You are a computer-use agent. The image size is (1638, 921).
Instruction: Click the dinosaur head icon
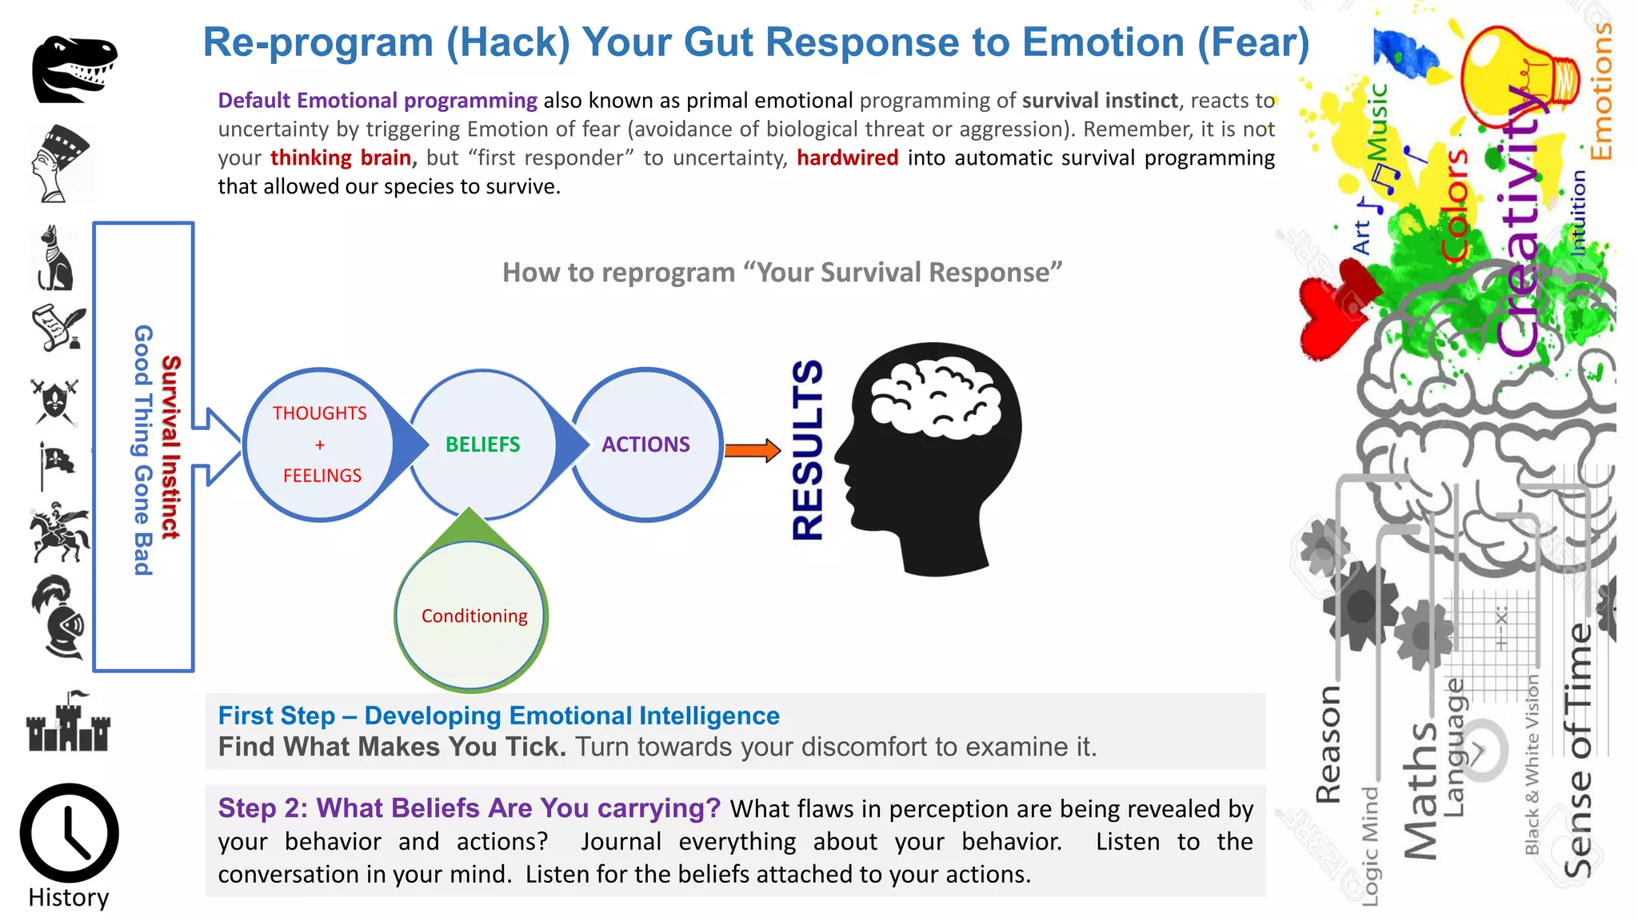[74, 69]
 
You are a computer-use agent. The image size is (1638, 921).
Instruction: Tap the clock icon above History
[69, 833]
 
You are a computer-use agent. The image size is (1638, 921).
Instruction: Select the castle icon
[68, 723]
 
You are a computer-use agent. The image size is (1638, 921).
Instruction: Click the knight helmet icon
[58, 616]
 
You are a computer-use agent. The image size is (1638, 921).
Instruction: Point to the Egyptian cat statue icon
[55, 258]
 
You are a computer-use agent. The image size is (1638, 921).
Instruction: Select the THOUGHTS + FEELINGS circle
[320, 445]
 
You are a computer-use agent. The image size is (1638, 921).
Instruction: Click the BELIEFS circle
[482, 445]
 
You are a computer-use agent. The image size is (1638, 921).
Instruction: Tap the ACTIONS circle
[645, 445]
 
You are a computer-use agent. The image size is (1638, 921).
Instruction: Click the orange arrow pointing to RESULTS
[752, 451]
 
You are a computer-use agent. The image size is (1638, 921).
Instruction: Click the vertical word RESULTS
[808, 450]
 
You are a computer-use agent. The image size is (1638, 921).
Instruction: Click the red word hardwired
[847, 157]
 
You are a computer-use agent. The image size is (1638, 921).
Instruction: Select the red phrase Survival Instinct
[171, 446]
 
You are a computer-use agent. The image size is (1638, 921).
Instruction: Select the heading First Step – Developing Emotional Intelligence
[498, 716]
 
